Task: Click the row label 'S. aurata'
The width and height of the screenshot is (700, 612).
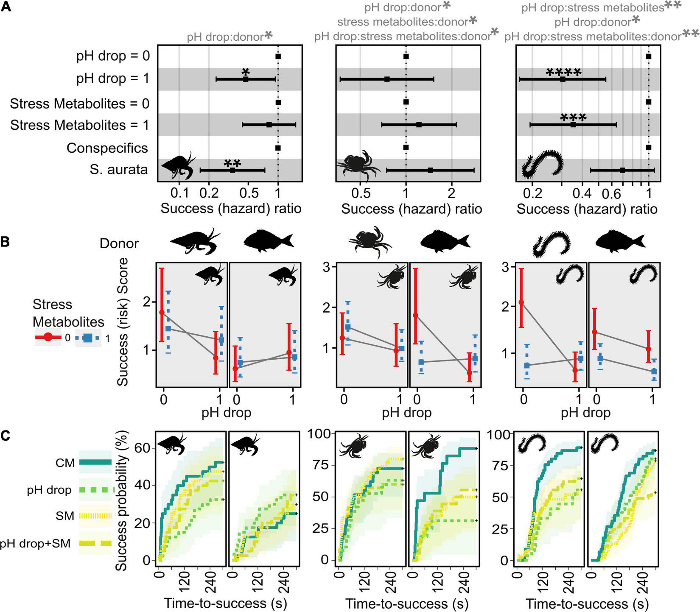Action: tap(119, 170)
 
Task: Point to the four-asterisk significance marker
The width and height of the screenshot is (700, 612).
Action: tap(563, 73)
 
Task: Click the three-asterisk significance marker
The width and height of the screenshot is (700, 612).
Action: tap(573, 118)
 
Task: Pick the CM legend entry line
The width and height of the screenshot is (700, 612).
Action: tap(95, 463)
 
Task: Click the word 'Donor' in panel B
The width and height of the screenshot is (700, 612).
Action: tap(119, 243)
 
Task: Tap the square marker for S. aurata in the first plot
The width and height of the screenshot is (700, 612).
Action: tap(232, 170)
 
